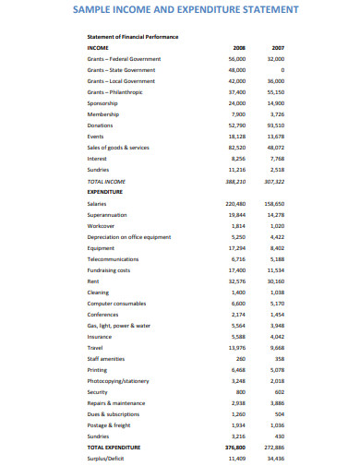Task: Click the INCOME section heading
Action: pos(97,46)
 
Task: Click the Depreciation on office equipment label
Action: pos(129,237)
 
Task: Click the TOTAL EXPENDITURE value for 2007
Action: pos(276,448)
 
